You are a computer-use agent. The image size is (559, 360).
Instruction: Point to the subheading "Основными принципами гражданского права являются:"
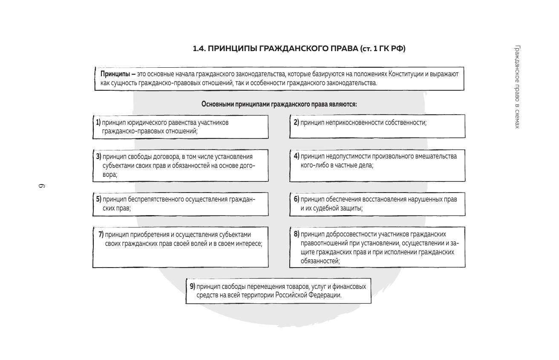279,104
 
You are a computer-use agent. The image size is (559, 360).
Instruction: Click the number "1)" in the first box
98,123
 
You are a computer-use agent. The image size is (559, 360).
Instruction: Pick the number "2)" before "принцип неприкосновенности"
297,123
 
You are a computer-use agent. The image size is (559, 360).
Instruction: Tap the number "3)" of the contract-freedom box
98,157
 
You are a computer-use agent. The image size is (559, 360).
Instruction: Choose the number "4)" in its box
297,156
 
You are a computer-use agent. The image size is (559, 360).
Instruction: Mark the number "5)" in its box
98,199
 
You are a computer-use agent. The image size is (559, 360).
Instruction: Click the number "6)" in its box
297,199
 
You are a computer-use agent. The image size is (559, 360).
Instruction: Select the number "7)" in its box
101,234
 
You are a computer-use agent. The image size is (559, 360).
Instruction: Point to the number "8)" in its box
297,234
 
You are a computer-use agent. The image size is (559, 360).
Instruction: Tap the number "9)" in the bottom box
193,286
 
